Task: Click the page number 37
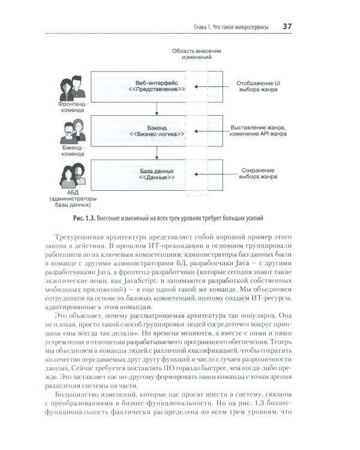287,26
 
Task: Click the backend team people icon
71,131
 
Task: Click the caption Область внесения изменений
196,55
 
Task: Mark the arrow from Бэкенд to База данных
156,152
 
